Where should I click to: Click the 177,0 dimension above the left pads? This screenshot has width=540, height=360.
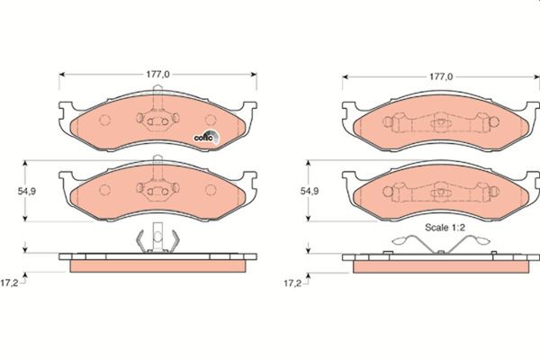coord(157,75)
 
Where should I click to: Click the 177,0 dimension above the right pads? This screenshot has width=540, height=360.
coord(441,77)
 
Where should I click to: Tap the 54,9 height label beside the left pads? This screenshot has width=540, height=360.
coord(27,191)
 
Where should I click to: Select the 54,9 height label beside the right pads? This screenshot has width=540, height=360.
coord(310,191)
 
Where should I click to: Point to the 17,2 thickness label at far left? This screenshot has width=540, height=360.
coord(9,283)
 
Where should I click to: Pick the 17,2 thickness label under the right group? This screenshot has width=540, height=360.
coord(292,283)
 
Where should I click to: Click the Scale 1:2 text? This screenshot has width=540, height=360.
coord(445,228)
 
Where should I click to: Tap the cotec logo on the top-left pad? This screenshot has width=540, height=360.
coord(206,138)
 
